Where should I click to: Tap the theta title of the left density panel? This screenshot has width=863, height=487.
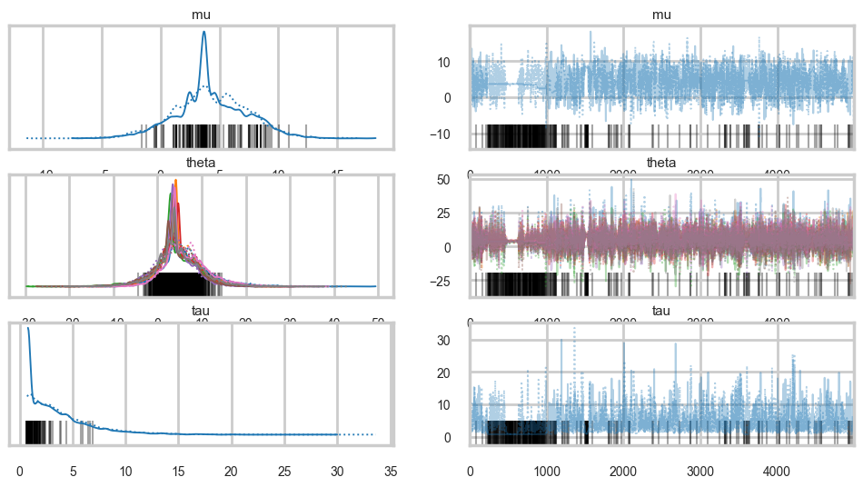(x=202, y=164)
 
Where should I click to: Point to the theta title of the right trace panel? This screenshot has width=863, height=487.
(x=661, y=164)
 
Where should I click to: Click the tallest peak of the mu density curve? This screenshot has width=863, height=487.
(x=203, y=32)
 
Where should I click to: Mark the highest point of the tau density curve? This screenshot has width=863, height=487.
(x=28, y=328)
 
